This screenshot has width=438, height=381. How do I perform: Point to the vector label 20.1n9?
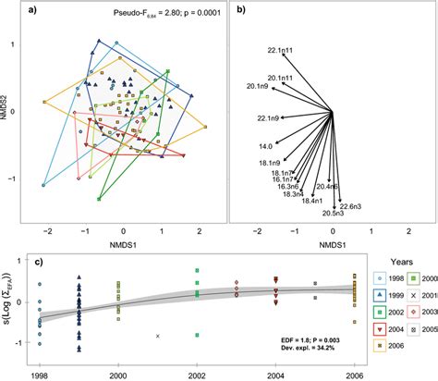[259, 86]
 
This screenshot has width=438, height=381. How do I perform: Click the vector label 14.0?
[265, 146]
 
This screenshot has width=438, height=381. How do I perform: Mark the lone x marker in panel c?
[158, 336]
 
